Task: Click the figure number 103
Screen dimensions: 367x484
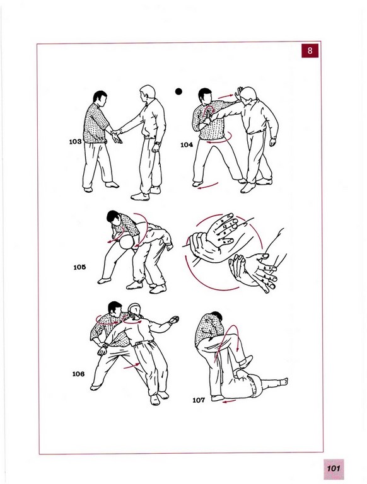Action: (x=76, y=142)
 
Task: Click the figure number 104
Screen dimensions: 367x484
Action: (x=187, y=145)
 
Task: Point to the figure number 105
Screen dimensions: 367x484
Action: (x=79, y=267)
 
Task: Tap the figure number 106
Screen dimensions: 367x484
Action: (x=78, y=374)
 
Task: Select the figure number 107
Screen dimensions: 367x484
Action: (x=199, y=400)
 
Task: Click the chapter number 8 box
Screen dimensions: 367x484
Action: (x=310, y=50)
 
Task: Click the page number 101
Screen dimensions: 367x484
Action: (x=334, y=468)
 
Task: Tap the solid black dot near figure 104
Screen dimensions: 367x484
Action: (x=178, y=91)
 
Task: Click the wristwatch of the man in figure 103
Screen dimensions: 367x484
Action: (x=158, y=143)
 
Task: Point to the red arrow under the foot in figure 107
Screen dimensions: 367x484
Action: (x=229, y=401)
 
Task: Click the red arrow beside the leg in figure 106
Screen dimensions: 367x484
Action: (x=132, y=366)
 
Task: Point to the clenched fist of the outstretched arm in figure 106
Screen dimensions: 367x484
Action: (x=174, y=320)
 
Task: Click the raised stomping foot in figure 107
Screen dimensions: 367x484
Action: (x=245, y=362)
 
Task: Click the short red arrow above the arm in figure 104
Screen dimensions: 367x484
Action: (x=225, y=96)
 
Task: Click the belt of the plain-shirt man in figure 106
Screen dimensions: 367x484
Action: (x=143, y=342)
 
